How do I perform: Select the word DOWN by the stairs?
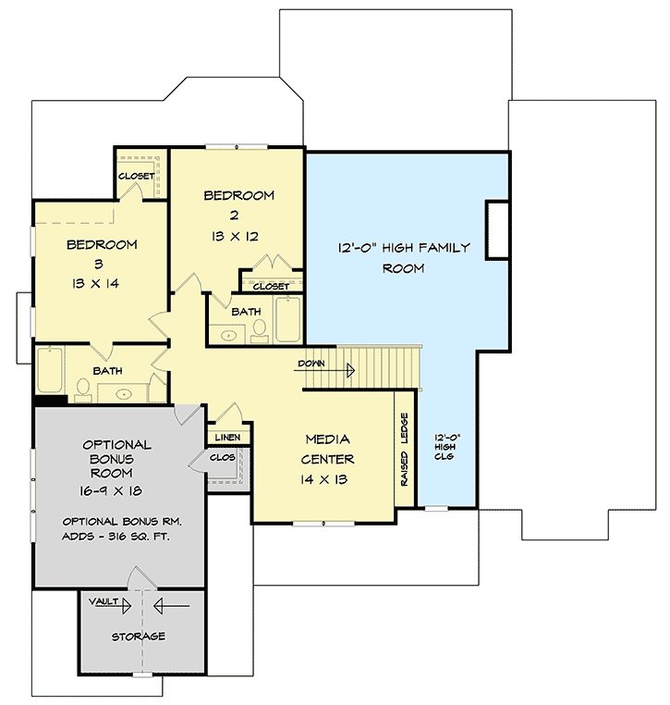(311, 364)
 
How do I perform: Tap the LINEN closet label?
(227, 436)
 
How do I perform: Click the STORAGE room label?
(139, 637)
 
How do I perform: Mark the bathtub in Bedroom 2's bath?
(287, 319)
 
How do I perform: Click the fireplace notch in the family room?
(498, 229)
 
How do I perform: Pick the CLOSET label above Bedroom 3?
(137, 175)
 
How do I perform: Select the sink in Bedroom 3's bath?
(125, 393)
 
